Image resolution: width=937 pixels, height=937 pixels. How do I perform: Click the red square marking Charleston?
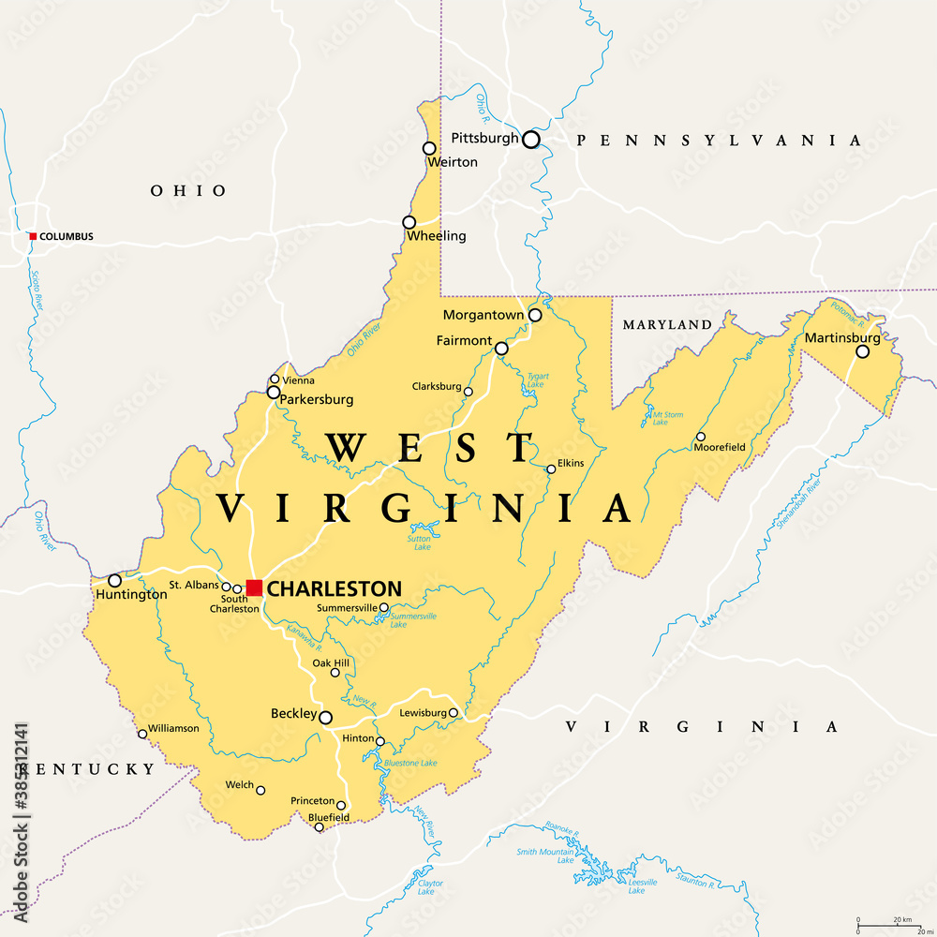click(x=254, y=587)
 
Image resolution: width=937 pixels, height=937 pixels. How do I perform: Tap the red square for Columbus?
click(x=33, y=236)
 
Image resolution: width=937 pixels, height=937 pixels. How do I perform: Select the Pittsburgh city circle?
click(x=531, y=140)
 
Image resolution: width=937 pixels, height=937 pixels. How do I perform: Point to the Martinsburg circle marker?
click(x=862, y=351)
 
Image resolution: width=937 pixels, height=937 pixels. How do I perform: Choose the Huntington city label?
click(x=130, y=594)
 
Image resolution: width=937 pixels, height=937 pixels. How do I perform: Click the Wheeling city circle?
click(x=409, y=222)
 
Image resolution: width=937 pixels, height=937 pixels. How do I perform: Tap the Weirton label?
click(x=453, y=162)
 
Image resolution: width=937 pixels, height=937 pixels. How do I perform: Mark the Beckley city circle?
click(x=325, y=718)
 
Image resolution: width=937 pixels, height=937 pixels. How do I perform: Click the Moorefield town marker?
click(x=700, y=437)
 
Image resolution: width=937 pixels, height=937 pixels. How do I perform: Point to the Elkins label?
click(x=571, y=463)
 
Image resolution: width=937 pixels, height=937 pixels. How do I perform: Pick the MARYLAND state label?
click(x=667, y=325)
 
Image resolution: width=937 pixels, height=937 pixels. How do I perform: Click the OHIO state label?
click(x=188, y=191)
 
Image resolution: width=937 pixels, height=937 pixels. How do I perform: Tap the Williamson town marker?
click(x=142, y=734)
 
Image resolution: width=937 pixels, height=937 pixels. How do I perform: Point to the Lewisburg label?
click(x=423, y=713)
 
